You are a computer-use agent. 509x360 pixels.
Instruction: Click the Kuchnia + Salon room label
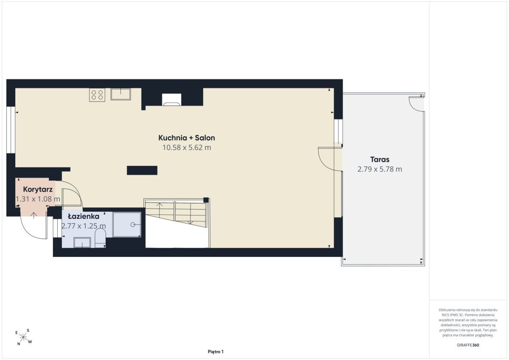pyautogui.click(x=187, y=138)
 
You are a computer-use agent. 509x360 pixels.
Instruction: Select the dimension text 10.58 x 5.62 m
pyautogui.click(x=187, y=148)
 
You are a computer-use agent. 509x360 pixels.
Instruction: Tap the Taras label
pyautogui.click(x=380, y=159)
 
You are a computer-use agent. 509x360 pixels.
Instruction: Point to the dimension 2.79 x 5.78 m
pyautogui.click(x=380, y=169)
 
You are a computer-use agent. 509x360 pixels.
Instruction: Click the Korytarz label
pyautogui.click(x=38, y=190)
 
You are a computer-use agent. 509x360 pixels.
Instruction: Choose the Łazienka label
pyautogui.click(x=84, y=216)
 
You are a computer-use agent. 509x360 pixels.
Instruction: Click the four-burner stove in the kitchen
pyautogui.click(x=97, y=95)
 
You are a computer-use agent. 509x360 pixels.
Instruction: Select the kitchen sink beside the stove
pyautogui.click(x=120, y=94)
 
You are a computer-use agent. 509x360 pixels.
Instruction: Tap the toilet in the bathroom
pyautogui.click(x=100, y=238)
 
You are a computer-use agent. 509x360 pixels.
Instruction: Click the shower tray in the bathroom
pyautogui.click(x=127, y=225)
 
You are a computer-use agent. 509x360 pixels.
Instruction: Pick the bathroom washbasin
pyautogui.click(x=82, y=243)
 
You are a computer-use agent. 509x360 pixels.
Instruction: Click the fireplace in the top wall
pyautogui.click(x=171, y=100)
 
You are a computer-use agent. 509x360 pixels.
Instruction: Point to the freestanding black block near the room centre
pyautogui.click(x=142, y=170)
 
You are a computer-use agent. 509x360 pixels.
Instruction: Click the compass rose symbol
pyautogui.click(x=23, y=337)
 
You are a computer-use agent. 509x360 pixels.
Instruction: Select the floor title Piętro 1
pyautogui.click(x=215, y=352)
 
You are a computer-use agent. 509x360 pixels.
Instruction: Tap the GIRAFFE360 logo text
pyautogui.click(x=468, y=345)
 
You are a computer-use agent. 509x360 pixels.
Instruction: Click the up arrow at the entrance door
pyautogui.click(x=34, y=215)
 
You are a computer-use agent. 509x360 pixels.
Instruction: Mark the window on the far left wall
pyautogui.click(x=11, y=130)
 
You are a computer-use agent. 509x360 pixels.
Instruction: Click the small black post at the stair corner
pyautogui.click(x=206, y=200)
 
